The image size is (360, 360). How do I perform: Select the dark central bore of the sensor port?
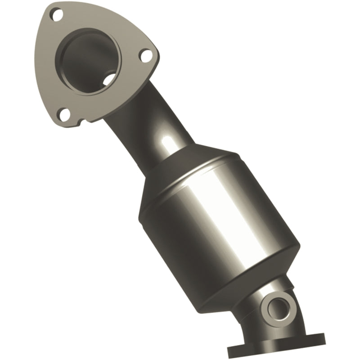[276, 308]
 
